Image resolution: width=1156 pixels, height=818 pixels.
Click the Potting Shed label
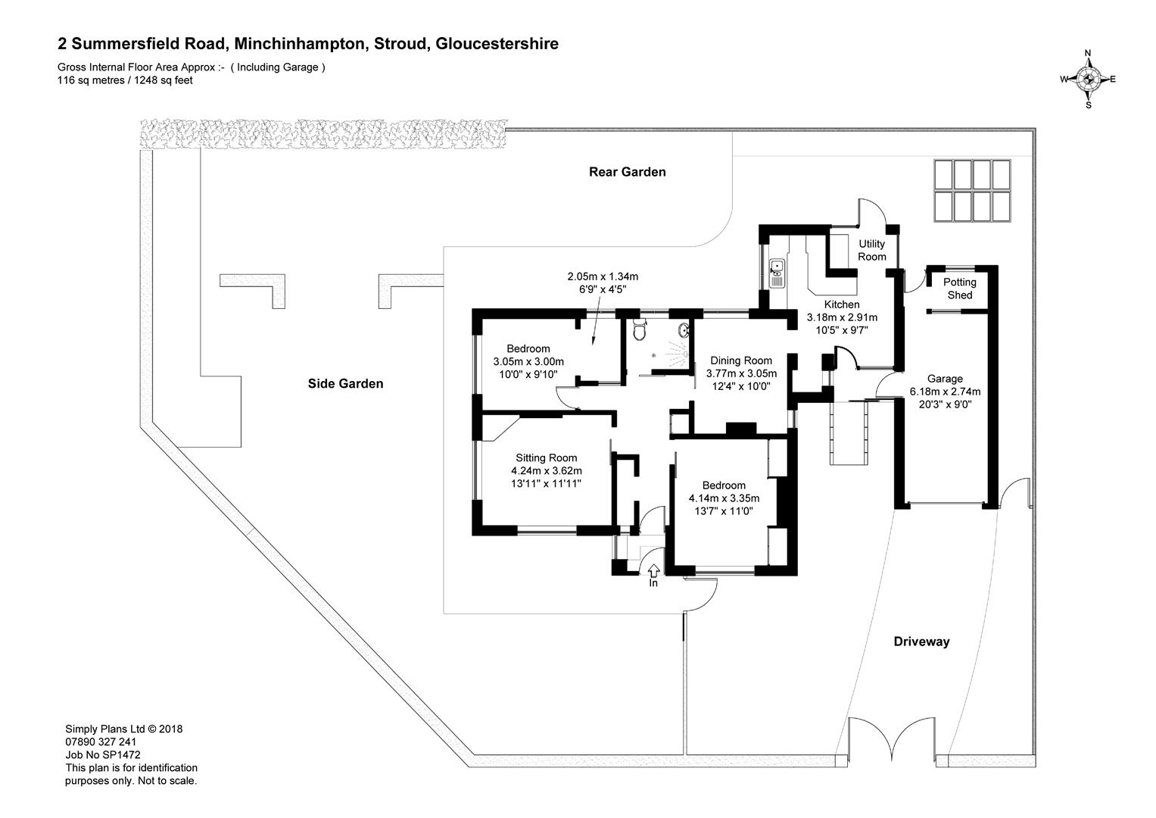point(959,289)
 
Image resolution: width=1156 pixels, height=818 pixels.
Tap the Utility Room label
point(871,250)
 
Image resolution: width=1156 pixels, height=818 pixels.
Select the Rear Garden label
point(627,172)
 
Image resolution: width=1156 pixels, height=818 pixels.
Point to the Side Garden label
point(345,384)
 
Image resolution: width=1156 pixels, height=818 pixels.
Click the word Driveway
point(922,642)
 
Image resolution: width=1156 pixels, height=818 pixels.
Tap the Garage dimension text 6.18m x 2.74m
point(945,392)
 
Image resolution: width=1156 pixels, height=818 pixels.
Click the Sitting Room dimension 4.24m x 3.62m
point(546,471)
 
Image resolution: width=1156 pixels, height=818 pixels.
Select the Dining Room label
point(741,361)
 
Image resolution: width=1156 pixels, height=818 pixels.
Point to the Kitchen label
point(842,304)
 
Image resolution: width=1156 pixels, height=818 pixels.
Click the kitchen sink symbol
point(777,273)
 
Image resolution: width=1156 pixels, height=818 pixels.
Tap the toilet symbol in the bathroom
point(640,330)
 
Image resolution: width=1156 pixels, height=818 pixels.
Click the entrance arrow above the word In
point(653,570)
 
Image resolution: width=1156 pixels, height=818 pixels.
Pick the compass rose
point(1089,80)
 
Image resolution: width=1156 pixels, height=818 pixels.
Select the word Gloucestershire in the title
point(497,44)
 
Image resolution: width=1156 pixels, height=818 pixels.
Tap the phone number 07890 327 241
point(101,742)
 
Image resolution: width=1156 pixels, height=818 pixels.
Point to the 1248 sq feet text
point(163,80)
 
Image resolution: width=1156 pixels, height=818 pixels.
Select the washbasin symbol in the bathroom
point(684,330)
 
